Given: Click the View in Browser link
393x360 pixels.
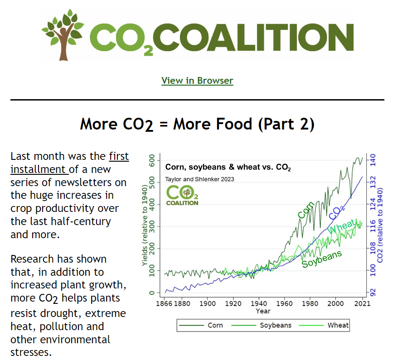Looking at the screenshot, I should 197,81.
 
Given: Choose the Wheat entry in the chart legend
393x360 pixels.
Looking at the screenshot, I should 324,325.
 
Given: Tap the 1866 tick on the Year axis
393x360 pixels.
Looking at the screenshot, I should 166,303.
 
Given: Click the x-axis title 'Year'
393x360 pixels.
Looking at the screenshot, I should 263,311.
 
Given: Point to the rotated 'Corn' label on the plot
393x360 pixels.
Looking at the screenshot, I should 306,210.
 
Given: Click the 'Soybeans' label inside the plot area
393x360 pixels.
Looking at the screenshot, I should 322,259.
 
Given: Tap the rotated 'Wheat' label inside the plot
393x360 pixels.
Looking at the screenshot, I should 341,225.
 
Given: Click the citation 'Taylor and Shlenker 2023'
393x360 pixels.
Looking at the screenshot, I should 199,179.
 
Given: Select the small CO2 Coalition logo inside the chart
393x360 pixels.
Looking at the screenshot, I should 182,195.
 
